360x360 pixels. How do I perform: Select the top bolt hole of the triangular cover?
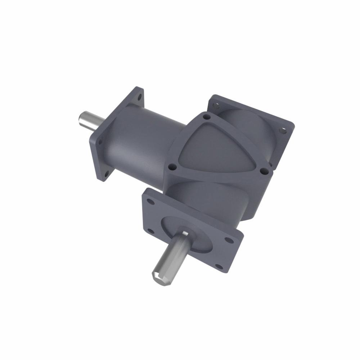(x=206, y=117)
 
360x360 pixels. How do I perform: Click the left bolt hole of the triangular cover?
(x=172, y=167)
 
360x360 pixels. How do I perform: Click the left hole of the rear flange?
(x=216, y=105)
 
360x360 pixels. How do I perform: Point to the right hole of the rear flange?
(x=283, y=130)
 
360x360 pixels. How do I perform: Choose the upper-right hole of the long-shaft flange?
(x=228, y=239)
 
